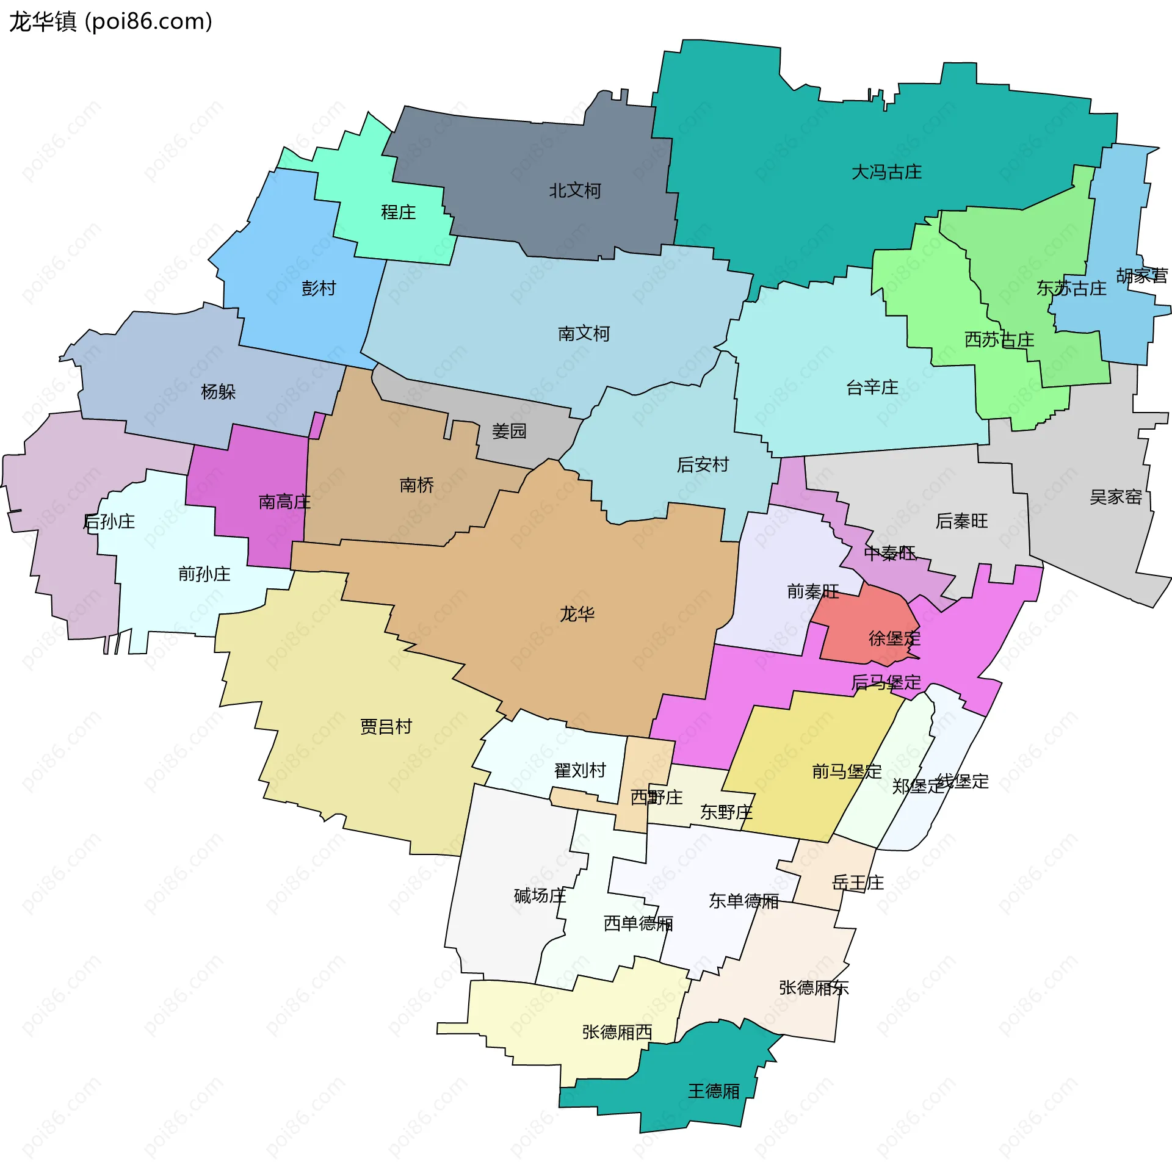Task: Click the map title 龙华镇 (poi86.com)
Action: click(110, 22)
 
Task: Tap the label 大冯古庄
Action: click(886, 172)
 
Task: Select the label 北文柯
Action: click(574, 191)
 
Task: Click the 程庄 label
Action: click(398, 212)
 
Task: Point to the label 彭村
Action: click(319, 288)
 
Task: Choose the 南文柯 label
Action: click(584, 334)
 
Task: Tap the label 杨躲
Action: click(218, 392)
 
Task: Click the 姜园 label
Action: click(509, 431)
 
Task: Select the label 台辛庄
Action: click(872, 388)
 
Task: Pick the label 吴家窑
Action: click(1115, 497)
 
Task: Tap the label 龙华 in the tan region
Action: click(577, 614)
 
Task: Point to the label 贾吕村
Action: click(386, 727)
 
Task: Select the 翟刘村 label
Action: click(580, 771)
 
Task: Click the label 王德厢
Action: click(714, 1091)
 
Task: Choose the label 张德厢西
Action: click(617, 1032)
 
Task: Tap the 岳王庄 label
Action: click(858, 882)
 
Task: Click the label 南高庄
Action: click(284, 502)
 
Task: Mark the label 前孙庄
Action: click(204, 574)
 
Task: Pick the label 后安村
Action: click(703, 465)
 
